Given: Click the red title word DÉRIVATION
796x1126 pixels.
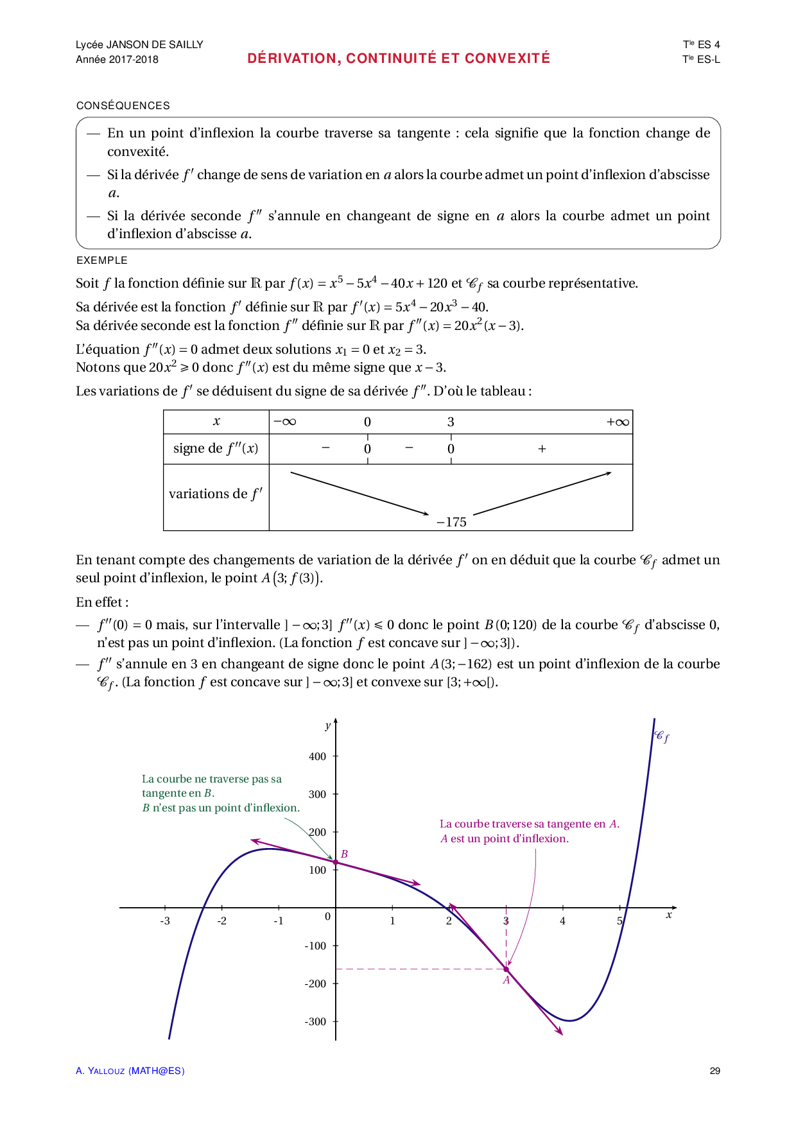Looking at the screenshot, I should pyautogui.click(x=293, y=58).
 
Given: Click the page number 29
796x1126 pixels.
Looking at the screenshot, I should pyautogui.click(x=715, y=1071).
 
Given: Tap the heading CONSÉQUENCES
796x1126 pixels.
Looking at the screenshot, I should pyautogui.click(x=123, y=106).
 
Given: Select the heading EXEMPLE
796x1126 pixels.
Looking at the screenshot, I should pyautogui.click(x=102, y=261).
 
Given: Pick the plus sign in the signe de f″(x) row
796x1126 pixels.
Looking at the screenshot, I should pyautogui.click(x=542, y=449).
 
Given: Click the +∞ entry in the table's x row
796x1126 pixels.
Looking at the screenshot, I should pyautogui.click(x=618, y=422).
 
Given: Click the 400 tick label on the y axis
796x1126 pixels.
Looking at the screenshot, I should pyautogui.click(x=318, y=757).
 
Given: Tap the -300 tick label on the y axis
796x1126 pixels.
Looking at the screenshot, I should pyautogui.click(x=315, y=1022).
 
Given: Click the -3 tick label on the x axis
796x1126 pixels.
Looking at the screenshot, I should pyautogui.click(x=165, y=921).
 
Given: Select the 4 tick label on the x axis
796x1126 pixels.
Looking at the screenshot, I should pyautogui.click(x=563, y=921).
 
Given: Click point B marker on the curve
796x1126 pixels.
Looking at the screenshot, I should pyautogui.click(x=336, y=862).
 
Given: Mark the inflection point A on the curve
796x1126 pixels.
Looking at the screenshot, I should pyautogui.click(x=506, y=969).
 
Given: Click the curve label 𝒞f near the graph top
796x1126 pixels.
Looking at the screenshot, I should pyautogui.click(x=662, y=736).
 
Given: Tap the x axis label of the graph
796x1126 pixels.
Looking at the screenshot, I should pyautogui.click(x=669, y=915).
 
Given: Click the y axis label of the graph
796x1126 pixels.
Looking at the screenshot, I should pyautogui.click(x=328, y=725).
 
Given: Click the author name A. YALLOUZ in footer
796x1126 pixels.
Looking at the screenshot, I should pyautogui.click(x=100, y=1071).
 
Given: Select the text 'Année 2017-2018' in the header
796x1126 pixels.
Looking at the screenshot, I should pyautogui.click(x=117, y=60).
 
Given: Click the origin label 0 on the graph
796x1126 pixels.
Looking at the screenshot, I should pyautogui.click(x=328, y=917).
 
